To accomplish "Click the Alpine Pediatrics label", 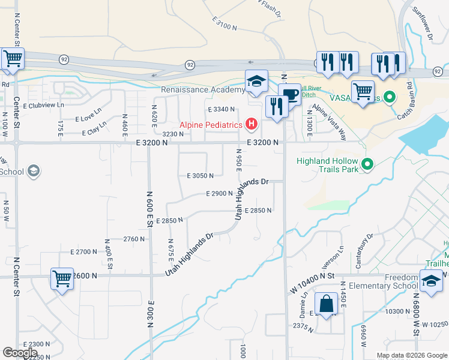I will pyautogui.click(x=211, y=125).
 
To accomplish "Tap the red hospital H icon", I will pyautogui.click(x=252, y=125).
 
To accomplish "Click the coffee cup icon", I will pyautogui.click(x=289, y=94).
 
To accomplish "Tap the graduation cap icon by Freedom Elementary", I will pyautogui.click(x=431, y=281).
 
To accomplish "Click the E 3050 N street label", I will pyautogui.click(x=200, y=176).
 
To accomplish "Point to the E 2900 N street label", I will pyautogui.click(x=219, y=194).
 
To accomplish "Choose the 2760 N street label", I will pyautogui.click(x=134, y=239).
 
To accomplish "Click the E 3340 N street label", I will pyautogui.click(x=221, y=109).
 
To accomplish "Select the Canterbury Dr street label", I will pyautogui.click(x=366, y=244).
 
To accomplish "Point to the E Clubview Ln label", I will pyautogui.click(x=43, y=105).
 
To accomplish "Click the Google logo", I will pyautogui.click(x=20, y=353).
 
